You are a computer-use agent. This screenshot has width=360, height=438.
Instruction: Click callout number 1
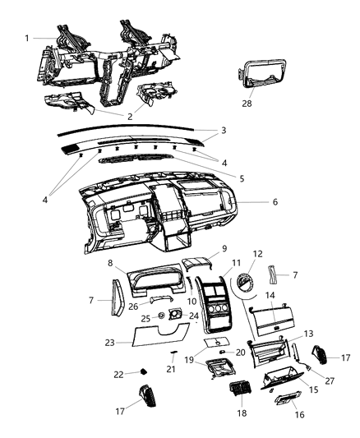tap(27, 38)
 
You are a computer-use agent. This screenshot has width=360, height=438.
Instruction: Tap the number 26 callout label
tap(134, 307)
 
